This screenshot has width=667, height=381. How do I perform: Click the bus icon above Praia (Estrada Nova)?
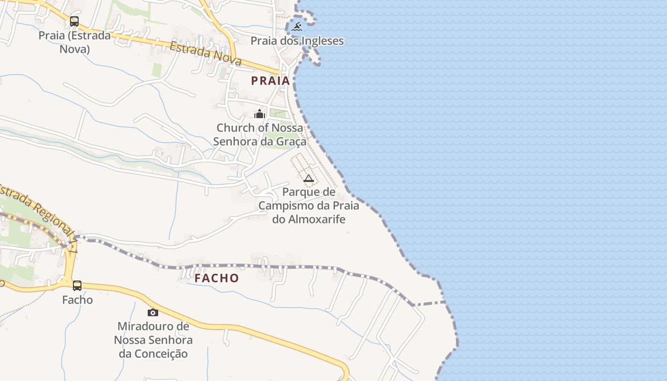point(74,21)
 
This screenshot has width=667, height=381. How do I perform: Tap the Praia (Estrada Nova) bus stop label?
point(74,42)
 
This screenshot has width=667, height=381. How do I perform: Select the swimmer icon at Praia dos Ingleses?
point(297,27)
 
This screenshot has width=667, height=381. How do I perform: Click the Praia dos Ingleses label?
point(297,41)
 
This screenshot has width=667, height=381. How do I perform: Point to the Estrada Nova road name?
point(205,53)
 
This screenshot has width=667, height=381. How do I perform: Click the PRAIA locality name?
point(271,81)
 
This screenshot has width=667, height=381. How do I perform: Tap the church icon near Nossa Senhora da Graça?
point(260,114)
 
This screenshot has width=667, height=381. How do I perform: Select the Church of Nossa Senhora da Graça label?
point(260,134)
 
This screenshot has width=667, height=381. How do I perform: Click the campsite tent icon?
point(309,179)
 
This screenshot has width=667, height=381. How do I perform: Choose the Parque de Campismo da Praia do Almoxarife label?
point(309,205)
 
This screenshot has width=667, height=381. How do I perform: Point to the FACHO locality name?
point(217,278)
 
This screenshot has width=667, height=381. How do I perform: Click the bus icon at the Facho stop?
point(77,286)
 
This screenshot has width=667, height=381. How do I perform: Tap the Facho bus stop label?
point(77,300)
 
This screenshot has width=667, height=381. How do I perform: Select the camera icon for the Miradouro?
point(153,312)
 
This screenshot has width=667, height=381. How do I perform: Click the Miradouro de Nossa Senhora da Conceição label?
point(153,340)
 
